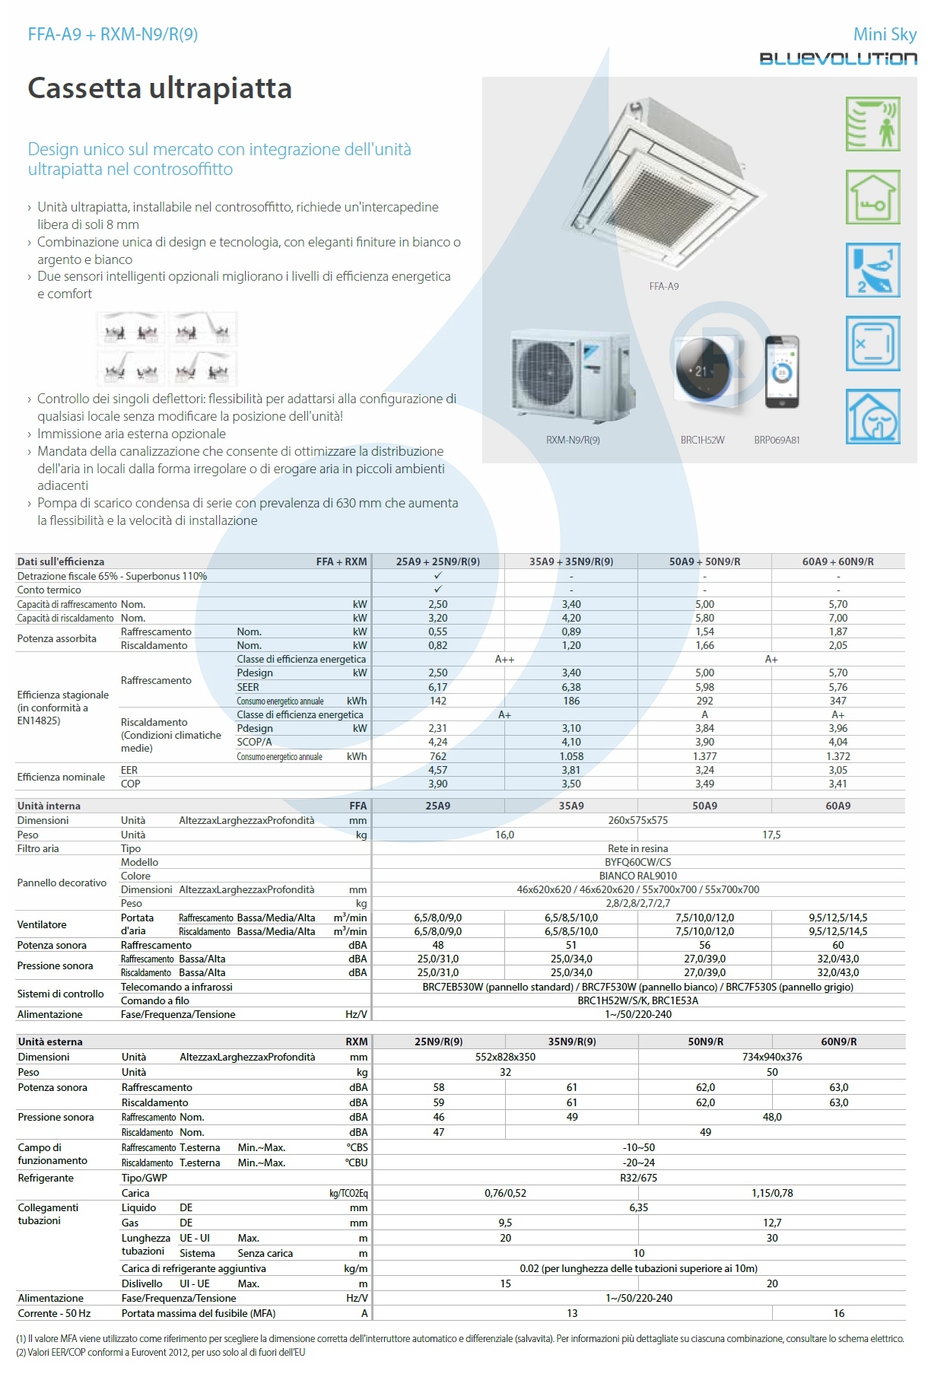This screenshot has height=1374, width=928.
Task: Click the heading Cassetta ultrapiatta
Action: (x=160, y=88)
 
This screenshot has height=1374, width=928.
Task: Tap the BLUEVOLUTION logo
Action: (x=837, y=59)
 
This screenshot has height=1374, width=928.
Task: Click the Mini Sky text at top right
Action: (x=885, y=34)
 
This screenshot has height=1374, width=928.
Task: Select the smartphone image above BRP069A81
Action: (x=782, y=372)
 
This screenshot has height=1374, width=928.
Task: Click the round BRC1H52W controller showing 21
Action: (x=702, y=371)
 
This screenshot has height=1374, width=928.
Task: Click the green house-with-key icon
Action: (x=872, y=197)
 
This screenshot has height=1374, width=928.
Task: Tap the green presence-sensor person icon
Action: (x=872, y=124)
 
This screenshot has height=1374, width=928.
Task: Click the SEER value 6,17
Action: (x=437, y=687)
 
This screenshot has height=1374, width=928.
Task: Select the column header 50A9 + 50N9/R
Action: (x=704, y=561)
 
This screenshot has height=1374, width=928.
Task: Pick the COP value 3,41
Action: (x=837, y=784)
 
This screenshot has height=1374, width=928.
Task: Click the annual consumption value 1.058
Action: (x=571, y=756)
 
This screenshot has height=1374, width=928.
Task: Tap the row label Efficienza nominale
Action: (x=61, y=777)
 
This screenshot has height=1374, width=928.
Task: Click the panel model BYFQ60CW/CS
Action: (x=637, y=862)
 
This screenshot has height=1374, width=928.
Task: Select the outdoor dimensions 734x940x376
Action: (x=771, y=1057)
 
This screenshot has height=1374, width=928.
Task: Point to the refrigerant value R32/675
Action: (x=638, y=1178)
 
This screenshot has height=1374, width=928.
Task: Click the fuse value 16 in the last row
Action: (x=838, y=1313)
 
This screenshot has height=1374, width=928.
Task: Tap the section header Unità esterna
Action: (x=50, y=1042)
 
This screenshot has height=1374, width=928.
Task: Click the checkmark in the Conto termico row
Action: (x=437, y=590)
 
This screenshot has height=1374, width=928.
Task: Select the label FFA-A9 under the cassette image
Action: (x=663, y=286)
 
